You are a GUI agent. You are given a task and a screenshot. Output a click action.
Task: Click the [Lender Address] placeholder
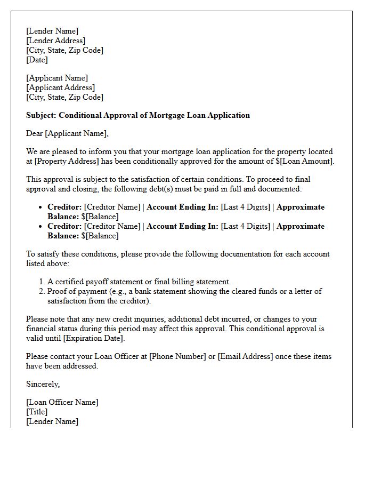click(56, 41)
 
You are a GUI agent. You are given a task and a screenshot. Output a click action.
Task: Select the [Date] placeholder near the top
click(37, 60)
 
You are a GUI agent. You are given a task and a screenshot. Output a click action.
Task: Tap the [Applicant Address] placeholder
click(61, 87)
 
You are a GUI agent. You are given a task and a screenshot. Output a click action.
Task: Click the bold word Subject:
click(41, 115)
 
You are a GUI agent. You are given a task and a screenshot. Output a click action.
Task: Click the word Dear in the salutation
click(35, 133)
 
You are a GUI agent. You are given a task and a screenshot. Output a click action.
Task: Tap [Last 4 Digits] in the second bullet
click(246, 226)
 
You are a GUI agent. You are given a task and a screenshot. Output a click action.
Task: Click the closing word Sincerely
click(43, 384)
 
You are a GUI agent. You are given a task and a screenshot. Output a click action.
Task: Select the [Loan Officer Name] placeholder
click(62, 402)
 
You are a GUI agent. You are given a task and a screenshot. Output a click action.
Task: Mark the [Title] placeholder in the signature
click(37, 412)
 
